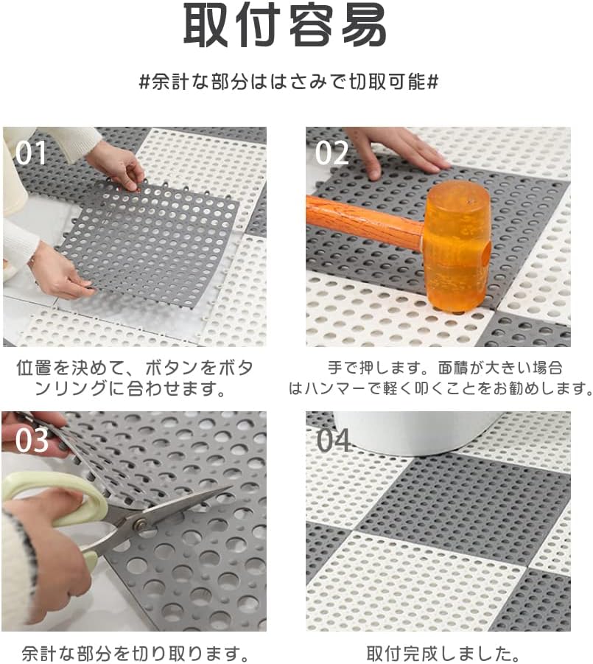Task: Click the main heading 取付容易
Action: click(x=284, y=25)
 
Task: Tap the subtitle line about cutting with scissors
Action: click(x=289, y=81)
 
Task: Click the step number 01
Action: click(x=31, y=153)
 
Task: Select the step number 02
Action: click(x=332, y=153)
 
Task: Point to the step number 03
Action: click(x=32, y=441)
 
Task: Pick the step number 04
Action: click(x=334, y=441)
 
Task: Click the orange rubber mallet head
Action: click(x=457, y=248)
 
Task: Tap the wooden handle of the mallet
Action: click(x=365, y=224)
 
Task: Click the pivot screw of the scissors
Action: click(x=139, y=525)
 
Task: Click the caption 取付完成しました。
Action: click(x=443, y=654)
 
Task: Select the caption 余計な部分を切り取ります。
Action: click(x=135, y=654)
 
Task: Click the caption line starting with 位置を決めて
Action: click(x=135, y=368)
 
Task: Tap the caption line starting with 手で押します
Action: click(x=445, y=368)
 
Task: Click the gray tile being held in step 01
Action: click(x=148, y=242)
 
